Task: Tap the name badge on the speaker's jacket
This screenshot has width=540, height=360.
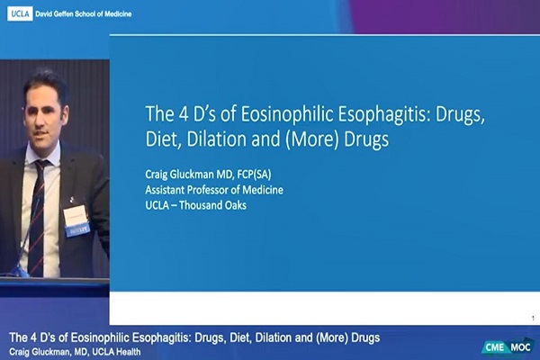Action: point(76,217)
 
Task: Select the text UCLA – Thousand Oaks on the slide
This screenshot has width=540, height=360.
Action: point(197,205)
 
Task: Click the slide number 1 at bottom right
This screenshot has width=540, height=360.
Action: point(533,318)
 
